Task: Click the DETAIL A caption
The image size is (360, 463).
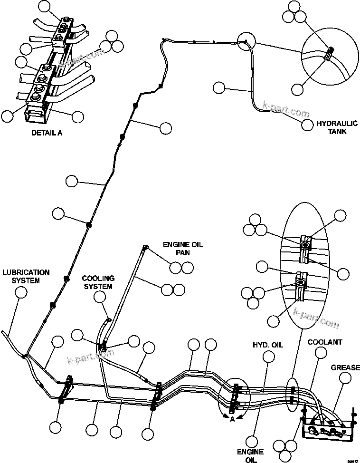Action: coord(47,133)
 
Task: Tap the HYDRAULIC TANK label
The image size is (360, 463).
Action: coord(332,127)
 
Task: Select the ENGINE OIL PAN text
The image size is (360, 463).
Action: coord(183,249)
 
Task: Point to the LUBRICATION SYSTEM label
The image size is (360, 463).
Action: coord(26,276)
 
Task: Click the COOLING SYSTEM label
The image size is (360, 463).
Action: coord(97,282)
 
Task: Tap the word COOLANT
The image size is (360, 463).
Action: coord(325,342)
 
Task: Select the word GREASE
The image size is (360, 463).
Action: coord(345,367)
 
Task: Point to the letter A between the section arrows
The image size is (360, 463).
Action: coord(232,418)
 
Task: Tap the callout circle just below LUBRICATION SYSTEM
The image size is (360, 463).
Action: coord(21,292)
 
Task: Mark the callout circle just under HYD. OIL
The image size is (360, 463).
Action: coord(269,357)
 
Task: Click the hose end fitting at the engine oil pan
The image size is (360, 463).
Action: coord(145,247)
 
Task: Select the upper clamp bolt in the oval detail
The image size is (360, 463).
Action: coord(304,245)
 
